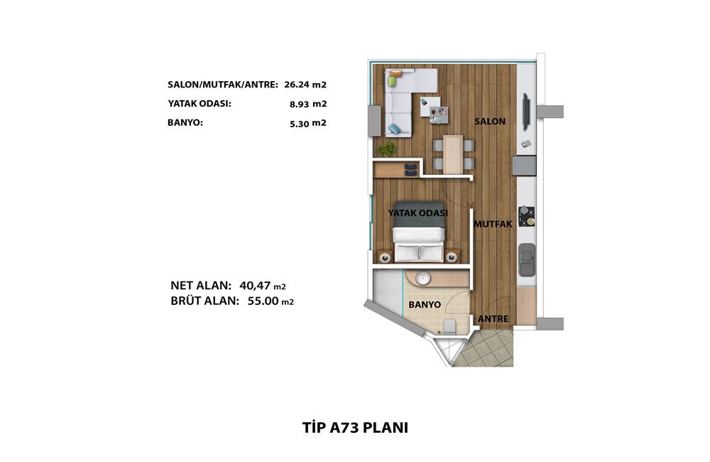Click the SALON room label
click(490, 122)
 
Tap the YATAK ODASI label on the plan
click(418, 213)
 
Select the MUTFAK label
click(493, 225)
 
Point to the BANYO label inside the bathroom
click(425, 305)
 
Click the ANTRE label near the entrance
click(493, 319)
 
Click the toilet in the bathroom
click(449, 326)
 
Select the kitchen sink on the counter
click(527, 260)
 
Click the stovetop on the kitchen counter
click(527, 216)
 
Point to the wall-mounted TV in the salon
click(526, 112)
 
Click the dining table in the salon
click(453, 154)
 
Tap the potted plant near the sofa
click(387, 149)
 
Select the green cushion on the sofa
click(392, 82)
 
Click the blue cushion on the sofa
click(395, 129)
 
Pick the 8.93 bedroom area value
click(300, 104)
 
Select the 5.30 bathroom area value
click(300, 124)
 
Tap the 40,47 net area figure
click(256, 286)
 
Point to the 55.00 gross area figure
click(263, 301)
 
